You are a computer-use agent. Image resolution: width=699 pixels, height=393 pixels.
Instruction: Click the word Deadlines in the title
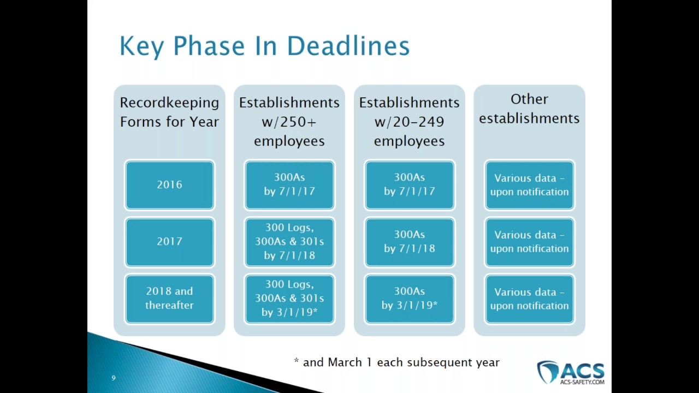tap(348, 46)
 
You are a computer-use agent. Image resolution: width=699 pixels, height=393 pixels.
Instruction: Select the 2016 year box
tap(169, 185)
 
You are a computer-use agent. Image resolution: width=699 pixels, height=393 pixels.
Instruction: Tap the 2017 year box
tap(169, 242)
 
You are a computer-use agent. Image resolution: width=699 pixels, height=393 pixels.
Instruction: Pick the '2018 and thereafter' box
tap(169, 299)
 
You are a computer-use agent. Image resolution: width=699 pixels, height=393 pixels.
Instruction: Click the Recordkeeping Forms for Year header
tap(169, 112)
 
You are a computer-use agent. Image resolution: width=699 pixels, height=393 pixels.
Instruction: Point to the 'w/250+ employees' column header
tap(289, 121)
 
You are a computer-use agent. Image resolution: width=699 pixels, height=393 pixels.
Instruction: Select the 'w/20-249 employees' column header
tap(410, 121)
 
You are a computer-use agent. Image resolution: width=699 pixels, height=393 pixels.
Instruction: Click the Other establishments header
tap(529, 109)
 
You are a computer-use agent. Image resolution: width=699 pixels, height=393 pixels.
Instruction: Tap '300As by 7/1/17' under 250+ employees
tap(289, 185)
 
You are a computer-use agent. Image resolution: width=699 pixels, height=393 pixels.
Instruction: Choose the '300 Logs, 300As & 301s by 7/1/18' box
tap(289, 242)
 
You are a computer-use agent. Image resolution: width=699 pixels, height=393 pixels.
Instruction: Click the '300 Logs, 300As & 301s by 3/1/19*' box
tap(289, 299)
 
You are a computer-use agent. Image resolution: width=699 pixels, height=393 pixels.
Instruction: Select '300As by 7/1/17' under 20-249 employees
tap(410, 185)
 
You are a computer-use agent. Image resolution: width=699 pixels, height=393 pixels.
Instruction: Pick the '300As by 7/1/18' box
tap(410, 242)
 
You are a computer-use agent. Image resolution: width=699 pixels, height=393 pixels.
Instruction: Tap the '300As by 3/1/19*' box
tap(410, 299)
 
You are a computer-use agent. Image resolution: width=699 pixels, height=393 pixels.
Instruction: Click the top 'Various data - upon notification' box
tap(529, 185)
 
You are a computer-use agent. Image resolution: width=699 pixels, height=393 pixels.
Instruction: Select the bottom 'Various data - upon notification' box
tap(529, 299)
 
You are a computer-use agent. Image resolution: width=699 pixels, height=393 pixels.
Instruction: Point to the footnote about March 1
tap(396, 362)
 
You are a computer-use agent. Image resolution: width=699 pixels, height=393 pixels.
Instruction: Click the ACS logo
tap(571, 373)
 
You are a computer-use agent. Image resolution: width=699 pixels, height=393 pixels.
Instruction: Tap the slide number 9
tap(114, 378)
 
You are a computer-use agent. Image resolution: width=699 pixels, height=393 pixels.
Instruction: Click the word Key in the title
tap(142, 46)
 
